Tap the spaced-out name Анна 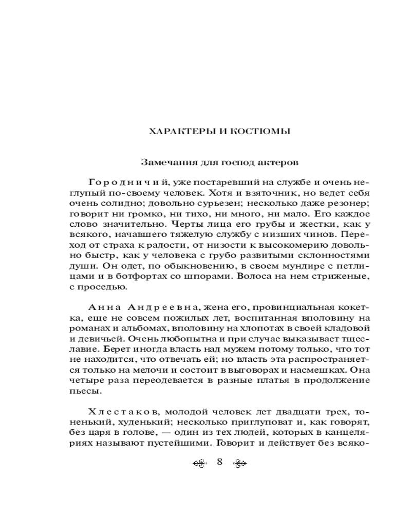[x=104, y=307]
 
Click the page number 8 [x=219, y=462]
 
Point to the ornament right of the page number [x=240, y=463]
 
